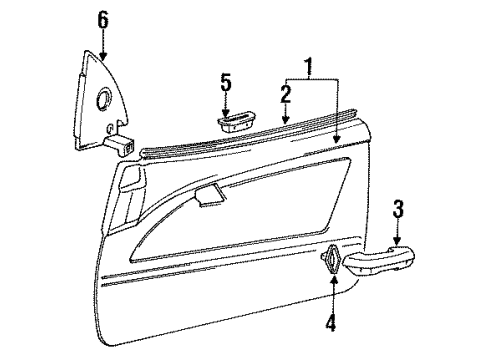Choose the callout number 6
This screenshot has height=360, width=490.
[102, 19]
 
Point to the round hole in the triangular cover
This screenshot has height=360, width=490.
[104, 101]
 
